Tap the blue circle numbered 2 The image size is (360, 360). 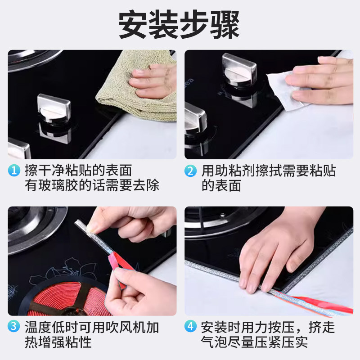(x=191, y=171)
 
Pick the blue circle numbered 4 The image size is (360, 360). (x=191, y=327)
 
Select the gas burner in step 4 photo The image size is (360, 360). (x=211, y=220)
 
